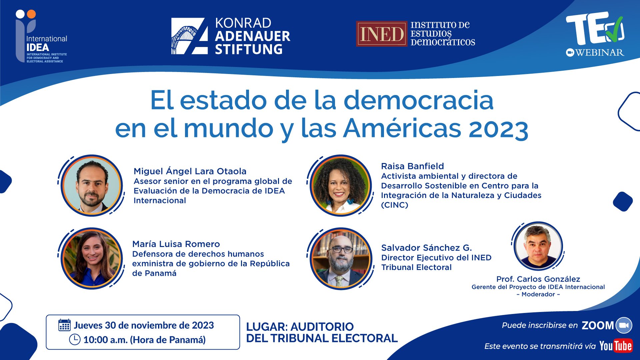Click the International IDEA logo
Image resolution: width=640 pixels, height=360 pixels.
click(41, 36)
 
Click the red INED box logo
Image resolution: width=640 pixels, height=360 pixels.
click(382, 34)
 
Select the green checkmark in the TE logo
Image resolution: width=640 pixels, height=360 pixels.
click(614, 28)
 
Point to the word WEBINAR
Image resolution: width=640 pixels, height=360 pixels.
click(600, 52)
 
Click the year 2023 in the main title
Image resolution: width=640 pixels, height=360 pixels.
click(498, 129)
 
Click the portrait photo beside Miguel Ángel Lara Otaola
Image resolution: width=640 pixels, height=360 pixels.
click(92, 185)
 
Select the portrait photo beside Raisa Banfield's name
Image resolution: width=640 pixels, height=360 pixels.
click(340, 185)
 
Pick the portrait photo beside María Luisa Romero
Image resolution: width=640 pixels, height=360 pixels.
click(92, 258)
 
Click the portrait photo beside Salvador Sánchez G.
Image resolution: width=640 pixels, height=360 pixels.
click(340, 258)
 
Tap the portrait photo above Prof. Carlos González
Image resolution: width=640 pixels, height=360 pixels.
click(538, 246)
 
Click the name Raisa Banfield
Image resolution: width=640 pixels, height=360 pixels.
click(412, 166)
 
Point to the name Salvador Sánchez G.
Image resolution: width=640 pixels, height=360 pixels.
click(426, 248)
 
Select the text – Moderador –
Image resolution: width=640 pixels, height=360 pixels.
click(538, 294)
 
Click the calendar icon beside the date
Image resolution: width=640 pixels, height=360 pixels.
click(64, 325)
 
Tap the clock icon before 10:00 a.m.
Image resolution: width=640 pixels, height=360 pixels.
click(75, 340)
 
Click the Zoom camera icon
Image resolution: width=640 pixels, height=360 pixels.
click(624, 325)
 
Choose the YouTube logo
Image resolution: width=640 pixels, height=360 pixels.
click(616, 346)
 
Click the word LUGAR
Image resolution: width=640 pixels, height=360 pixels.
click(266, 327)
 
